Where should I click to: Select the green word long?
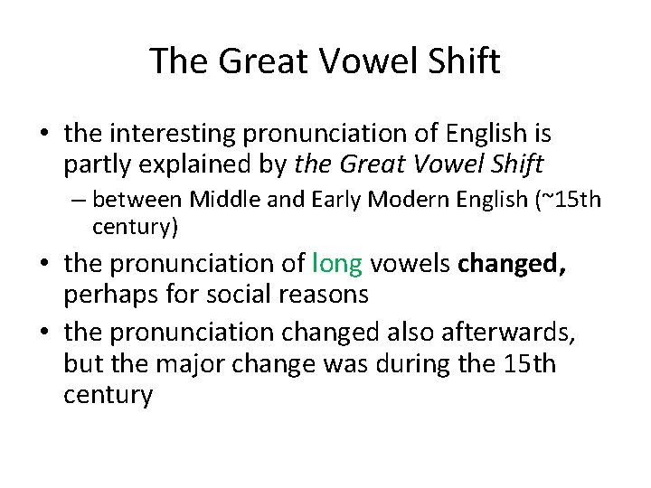(x=336, y=264)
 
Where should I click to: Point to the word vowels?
(x=410, y=264)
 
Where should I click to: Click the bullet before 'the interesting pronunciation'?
(x=44, y=136)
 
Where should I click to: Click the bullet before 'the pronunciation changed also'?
(x=44, y=333)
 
